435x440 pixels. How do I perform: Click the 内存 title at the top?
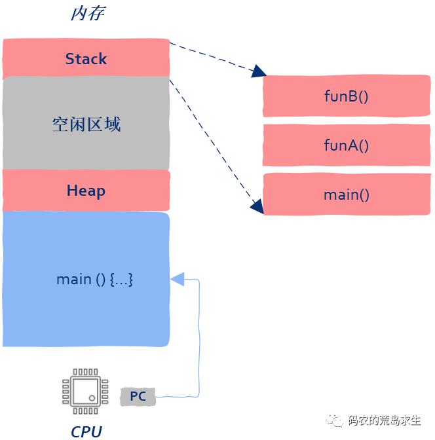click(88, 14)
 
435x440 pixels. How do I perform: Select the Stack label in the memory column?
click(86, 59)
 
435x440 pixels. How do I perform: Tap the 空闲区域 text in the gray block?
click(86, 124)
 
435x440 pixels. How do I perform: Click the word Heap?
click(86, 191)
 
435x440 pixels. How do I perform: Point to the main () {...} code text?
click(94, 280)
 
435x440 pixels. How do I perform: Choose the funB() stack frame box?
click(347, 96)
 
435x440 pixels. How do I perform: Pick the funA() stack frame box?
click(347, 145)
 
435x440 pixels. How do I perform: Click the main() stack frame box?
click(347, 194)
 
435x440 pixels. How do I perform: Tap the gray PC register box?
click(138, 397)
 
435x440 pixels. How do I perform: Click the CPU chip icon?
click(85, 391)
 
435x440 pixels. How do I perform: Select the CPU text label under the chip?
click(86, 431)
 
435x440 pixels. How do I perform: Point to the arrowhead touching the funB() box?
click(258, 71)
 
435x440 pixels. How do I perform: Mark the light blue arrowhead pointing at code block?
click(178, 279)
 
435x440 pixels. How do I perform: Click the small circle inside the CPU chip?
click(92, 398)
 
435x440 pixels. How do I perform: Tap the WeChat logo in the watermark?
click(335, 420)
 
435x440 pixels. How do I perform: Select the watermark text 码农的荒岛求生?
click(385, 420)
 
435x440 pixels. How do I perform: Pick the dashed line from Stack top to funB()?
click(214, 57)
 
